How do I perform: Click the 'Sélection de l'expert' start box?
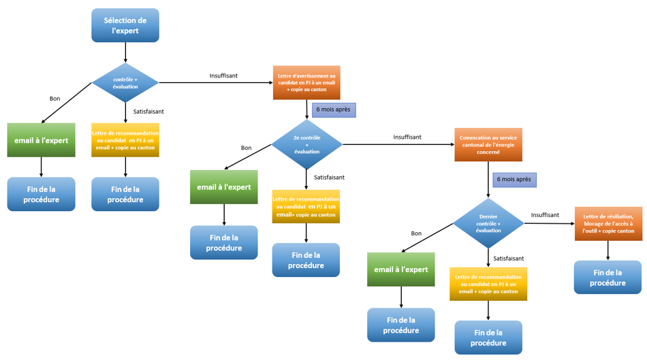pyautogui.click(x=125, y=25)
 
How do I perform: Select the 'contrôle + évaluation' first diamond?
pyautogui.click(x=125, y=83)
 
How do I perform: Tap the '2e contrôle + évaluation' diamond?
pyautogui.click(x=306, y=144)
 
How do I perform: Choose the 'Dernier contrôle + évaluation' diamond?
pyautogui.click(x=488, y=223)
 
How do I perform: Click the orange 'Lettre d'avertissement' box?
pyautogui.click(x=307, y=82)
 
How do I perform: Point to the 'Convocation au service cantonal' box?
pyautogui.click(x=488, y=144)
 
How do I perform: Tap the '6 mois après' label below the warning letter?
pyautogui.click(x=334, y=109)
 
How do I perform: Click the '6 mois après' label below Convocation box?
pyautogui.click(x=514, y=180)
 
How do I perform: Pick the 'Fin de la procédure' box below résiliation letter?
pyautogui.click(x=607, y=277)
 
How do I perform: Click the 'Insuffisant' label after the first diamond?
pyautogui.click(x=223, y=76)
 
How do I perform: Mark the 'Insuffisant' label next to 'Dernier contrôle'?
pyautogui.click(x=545, y=215)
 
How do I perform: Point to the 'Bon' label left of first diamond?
pyautogui.click(x=54, y=99)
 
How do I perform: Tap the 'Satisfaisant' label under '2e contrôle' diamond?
pyautogui.click(x=329, y=178)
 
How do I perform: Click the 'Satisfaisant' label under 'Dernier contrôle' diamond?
pyautogui.click(x=509, y=259)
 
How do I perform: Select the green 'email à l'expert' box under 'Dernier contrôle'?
pyautogui.click(x=401, y=269)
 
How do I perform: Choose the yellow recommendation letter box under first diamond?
pyautogui.click(x=125, y=140)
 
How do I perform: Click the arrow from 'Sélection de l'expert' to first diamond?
pyautogui.click(x=125, y=52)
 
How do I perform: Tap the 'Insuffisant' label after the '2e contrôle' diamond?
pyautogui.click(x=407, y=137)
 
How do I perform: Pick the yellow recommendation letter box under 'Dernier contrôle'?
pyautogui.click(x=488, y=284)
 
